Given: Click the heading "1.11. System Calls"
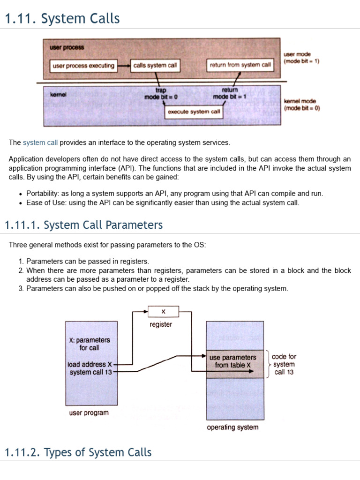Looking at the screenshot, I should (x=62, y=19).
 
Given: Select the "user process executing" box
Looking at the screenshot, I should (x=83, y=66).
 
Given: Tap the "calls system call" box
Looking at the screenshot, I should (x=155, y=66).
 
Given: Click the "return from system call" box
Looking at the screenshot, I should (x=240, y=65).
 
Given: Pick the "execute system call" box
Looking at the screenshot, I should (x=194, y=112).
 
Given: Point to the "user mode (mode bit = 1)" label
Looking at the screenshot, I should (x=301, y=58).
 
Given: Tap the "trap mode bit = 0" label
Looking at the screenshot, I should (x=161, y=93).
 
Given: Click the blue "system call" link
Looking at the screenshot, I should (x=40, y=142).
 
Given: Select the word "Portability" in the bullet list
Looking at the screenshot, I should (x=43, y=193).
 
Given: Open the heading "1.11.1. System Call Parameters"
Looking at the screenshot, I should (x=83, y=225).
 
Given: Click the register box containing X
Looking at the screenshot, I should (x=163, y=311).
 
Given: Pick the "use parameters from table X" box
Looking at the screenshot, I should (x=232, y=361).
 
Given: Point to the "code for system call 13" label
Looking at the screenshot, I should (x=284, y=364).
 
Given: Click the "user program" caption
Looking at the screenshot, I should (x=89, y=413).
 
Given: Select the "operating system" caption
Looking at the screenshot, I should (x=232, y=427).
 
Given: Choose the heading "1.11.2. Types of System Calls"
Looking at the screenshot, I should (x=78, y=452).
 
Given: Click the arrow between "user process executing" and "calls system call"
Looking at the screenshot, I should (x=123, y=66).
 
